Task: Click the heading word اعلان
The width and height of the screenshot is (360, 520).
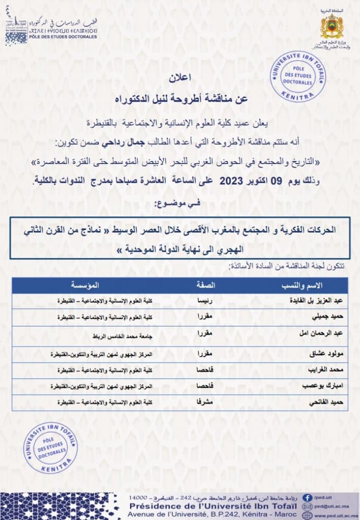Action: pyautogui.click(x=179, y=80)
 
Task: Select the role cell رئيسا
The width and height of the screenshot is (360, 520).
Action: pyautogui.click(x=205, y=301)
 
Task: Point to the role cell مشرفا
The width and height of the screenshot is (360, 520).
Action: pyautogui.click(x=205, y=402)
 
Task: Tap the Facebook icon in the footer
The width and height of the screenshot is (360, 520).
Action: pyautogui.click(x=307, y=498)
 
